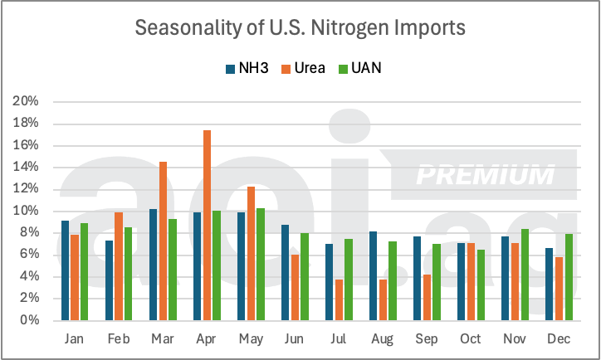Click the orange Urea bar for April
coord(207,226)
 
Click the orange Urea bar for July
coord(339,300)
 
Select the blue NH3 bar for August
coord(373,276)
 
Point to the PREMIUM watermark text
coord(485,175)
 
